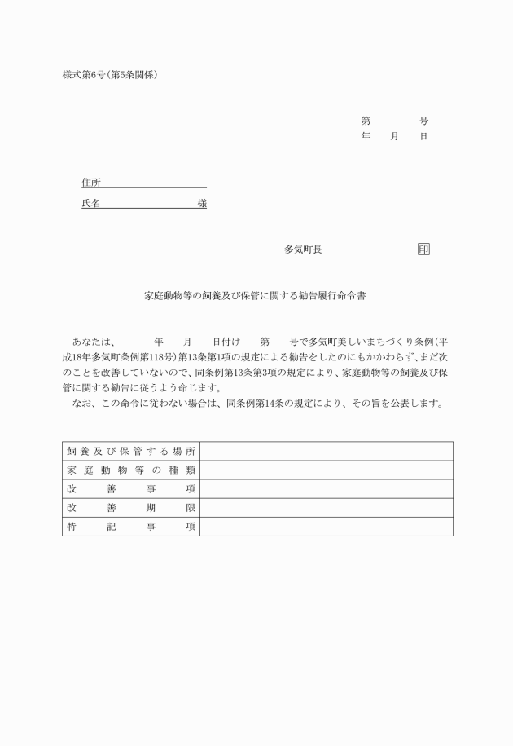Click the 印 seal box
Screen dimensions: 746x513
click(423, 249)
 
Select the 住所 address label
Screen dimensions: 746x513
click(90, 182)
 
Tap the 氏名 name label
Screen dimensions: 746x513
click(90, 204)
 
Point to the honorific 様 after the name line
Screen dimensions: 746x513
click(202, 204)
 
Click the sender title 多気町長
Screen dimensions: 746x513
click(303, 249)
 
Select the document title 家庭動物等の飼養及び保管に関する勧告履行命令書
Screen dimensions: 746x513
click(255, 297)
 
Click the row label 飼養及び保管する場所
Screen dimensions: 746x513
click(130, 451)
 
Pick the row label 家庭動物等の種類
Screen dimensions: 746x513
click(130, 470)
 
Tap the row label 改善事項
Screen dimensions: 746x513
click(130, 489)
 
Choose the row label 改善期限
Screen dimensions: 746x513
click(130, 508)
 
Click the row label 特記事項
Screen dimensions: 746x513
click(130, 527)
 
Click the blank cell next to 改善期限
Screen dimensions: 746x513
click(326, 508)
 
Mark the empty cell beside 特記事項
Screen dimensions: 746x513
click(326, 527)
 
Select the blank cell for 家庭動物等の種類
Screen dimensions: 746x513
click(326, 470)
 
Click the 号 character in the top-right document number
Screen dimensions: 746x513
click(423, 121)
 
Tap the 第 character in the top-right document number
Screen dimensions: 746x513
click(366, 121)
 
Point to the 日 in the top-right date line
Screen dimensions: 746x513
click(423, 136)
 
